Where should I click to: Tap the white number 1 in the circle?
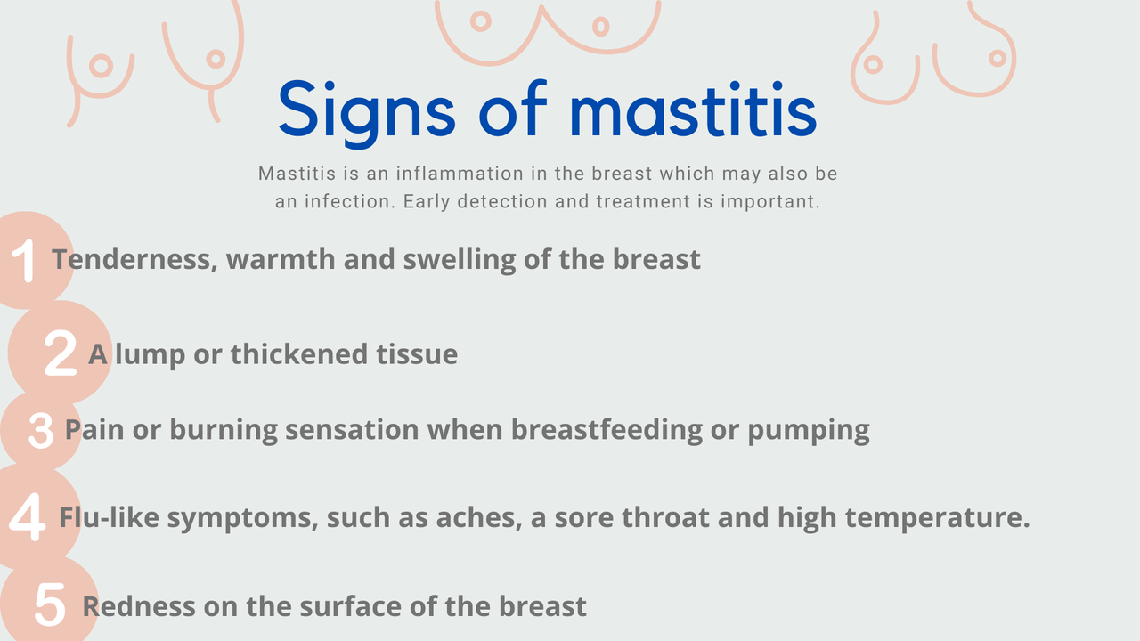pos(24,261)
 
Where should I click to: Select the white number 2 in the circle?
pos(60,353)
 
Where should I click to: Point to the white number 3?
pos(41,431)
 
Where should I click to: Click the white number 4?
pos(28,517)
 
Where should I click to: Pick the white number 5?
pos(50,605)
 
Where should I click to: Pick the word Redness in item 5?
pos(138,607)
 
